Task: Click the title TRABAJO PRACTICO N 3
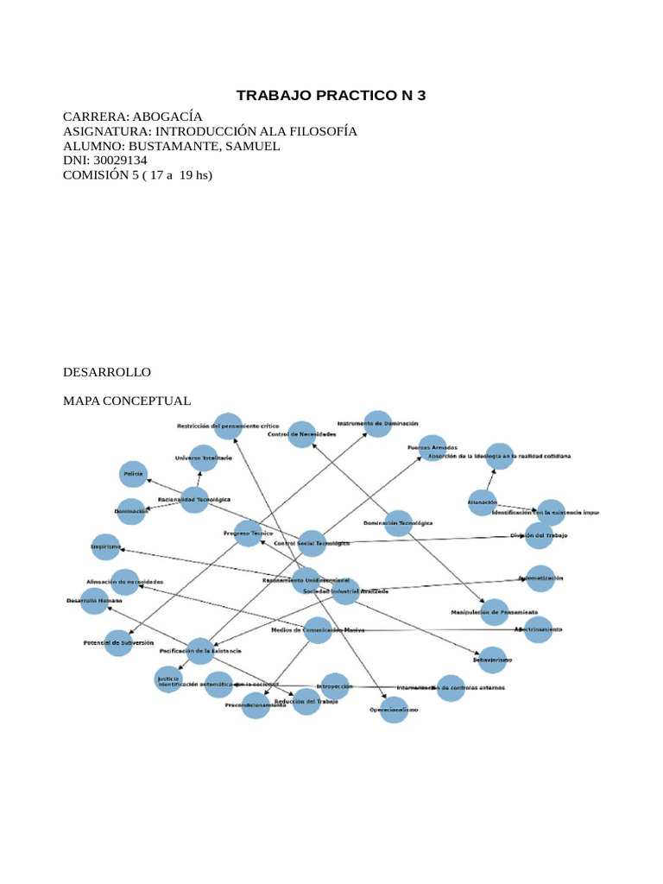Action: coord(331,95)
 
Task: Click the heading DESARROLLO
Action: coord(107,372)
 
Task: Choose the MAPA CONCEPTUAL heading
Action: coord(127,401)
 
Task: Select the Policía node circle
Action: coord(134,474)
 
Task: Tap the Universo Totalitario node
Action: coord(204,458)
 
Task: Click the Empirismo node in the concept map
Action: coord(106,547)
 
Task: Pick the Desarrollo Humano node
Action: coord(95,601)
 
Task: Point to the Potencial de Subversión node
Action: coord(119,642)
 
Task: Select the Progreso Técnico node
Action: coord(248,534)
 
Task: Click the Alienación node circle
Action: coord(483,502)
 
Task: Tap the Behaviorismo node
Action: coord(492,660)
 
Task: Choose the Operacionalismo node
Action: coord(394,710)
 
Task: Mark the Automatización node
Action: coord(540,578)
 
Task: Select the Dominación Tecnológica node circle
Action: coord(398,523)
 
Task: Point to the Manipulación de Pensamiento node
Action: coord(495,612)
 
